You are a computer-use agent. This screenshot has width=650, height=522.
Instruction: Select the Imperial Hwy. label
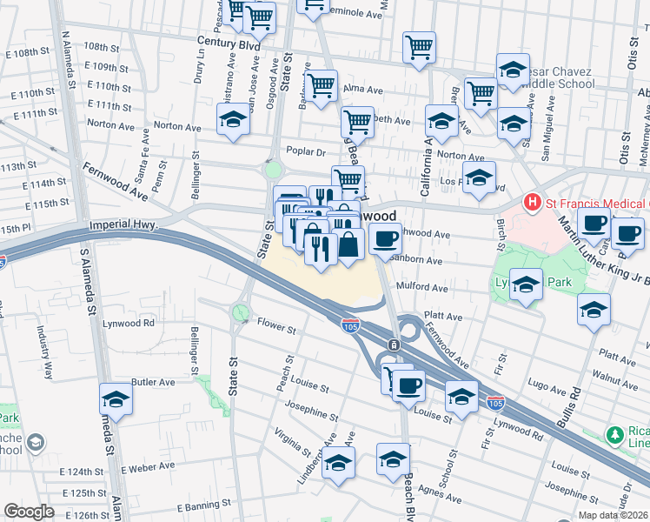[122, 225]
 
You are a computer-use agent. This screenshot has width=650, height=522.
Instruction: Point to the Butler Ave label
[153, 382]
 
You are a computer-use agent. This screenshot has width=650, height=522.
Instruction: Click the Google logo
[29, 512]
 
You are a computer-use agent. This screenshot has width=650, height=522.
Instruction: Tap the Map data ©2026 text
[613, 515]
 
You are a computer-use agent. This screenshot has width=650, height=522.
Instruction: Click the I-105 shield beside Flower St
[346, 325]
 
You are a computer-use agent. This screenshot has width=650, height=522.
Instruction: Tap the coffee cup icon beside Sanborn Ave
[385, 238]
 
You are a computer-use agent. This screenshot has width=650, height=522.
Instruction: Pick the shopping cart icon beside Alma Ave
[321, 86]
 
